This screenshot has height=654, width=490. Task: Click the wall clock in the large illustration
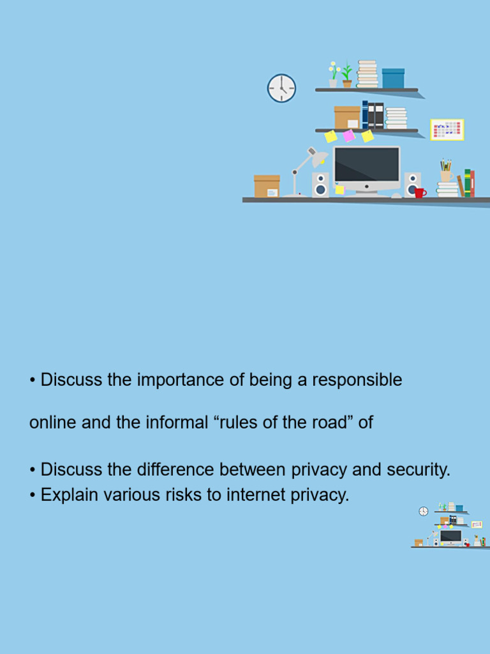[x=281, y=88]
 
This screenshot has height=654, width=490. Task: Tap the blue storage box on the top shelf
[x=393, y=78]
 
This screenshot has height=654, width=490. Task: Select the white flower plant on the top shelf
[x=333, y=74]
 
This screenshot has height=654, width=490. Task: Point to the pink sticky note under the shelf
[x=348, y=135]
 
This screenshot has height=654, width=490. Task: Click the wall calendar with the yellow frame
[x=447, y=130]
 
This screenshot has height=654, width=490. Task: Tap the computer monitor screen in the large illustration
[x=366, y=165]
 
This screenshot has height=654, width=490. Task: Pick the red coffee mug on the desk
[x=420, y=192]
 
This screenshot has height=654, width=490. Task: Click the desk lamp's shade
[x=317, y=157]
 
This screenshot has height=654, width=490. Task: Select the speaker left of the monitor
[x=320, y=185]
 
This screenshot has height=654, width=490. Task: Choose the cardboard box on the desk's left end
[x=267, y=186]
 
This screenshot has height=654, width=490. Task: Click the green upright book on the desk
[x=467, y=183]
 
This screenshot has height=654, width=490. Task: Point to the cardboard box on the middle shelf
[x=347, y=118]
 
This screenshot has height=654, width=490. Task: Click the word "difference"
[x=176, y=470]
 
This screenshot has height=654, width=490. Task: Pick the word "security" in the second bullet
[x=417, y=470]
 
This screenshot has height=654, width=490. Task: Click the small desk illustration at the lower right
[x=449, y=525]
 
